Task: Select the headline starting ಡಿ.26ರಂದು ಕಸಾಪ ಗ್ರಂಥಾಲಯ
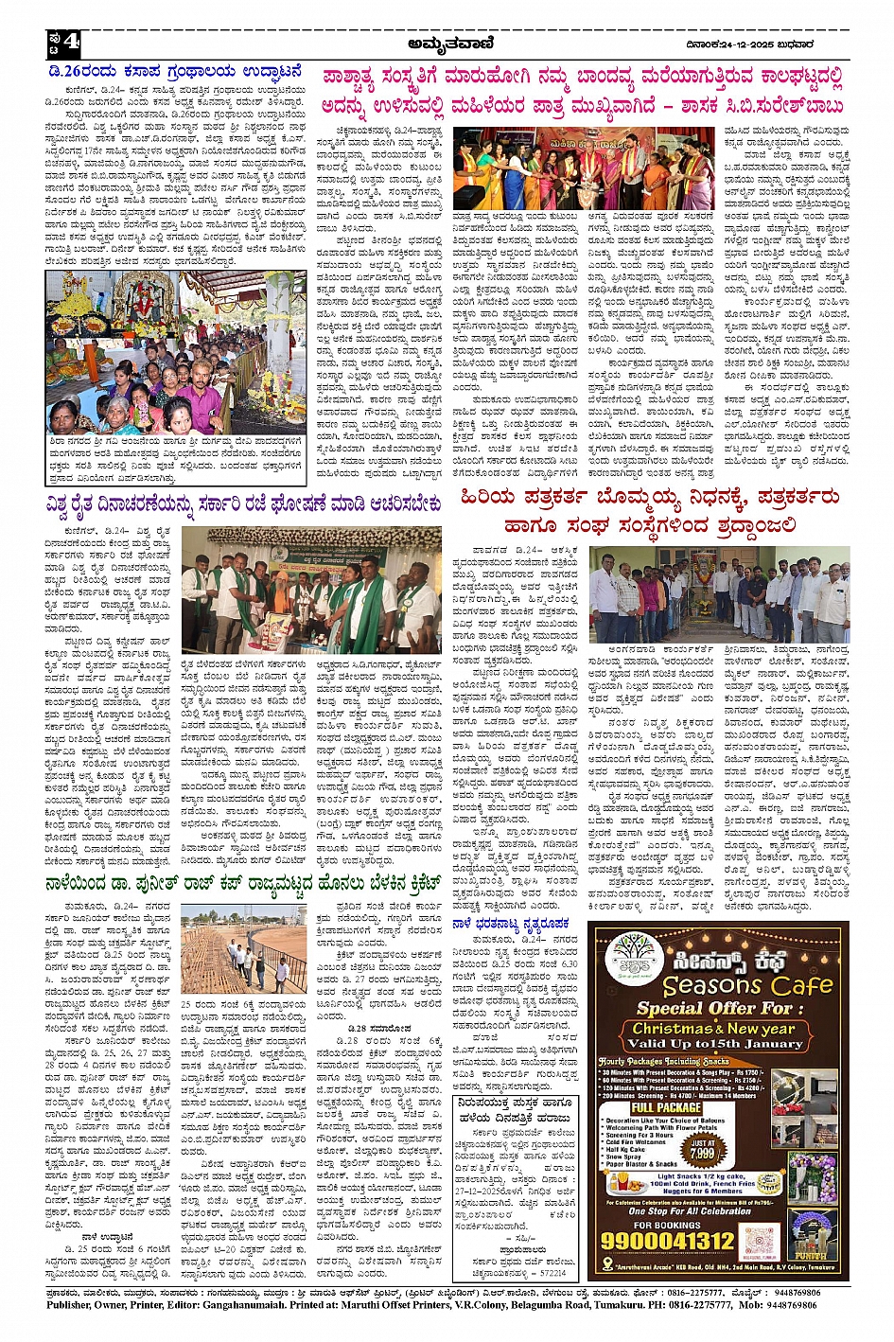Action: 179,70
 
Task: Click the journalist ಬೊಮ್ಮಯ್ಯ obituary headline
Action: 649,510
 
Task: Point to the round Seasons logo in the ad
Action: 631,958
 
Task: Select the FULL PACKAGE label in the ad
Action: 666,1106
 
